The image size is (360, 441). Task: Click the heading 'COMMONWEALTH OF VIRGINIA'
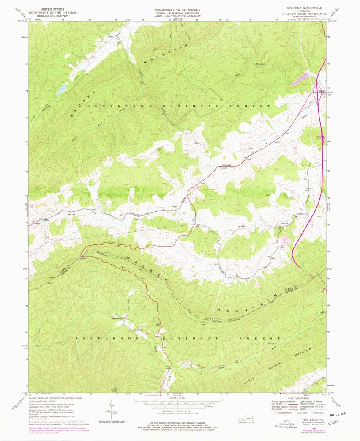pos(177,8)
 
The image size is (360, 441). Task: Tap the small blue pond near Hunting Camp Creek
pos(61,90)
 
